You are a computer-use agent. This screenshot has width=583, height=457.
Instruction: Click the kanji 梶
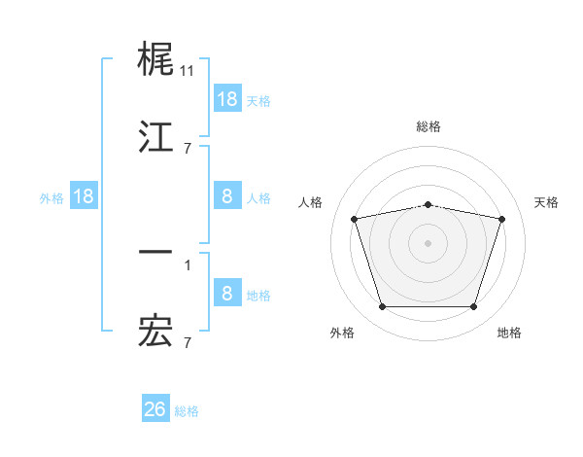coord(156,60)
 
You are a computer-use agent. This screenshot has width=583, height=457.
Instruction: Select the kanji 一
coord(156,253)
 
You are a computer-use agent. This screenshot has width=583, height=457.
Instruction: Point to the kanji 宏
coord(156,332)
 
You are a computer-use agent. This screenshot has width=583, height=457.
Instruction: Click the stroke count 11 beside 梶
coord(188,71)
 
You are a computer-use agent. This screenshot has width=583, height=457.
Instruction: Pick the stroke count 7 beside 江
coord(188,148)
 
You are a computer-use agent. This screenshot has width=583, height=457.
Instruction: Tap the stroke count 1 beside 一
coord(188,264)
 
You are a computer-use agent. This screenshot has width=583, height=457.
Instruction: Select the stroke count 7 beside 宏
coord(188,342)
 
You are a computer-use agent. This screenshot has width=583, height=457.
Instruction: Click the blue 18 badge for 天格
coord(227,99)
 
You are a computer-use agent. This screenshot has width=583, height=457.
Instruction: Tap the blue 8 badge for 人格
coord(227,196)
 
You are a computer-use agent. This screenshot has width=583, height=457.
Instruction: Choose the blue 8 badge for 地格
coord(227,294)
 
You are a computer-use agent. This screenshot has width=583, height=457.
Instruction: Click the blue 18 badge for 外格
coord(84,196)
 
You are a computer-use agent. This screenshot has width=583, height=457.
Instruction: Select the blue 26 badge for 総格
coord(155,409)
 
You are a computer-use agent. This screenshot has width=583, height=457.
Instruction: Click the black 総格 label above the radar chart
coord(429,126)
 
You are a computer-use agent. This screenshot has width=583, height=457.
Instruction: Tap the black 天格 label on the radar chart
coord(546,202)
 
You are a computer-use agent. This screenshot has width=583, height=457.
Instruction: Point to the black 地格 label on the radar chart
coord(509,333)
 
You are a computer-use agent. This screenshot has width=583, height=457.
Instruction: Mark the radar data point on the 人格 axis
coord(355,219)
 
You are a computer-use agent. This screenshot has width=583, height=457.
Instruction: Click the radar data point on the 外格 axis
coord(382,307)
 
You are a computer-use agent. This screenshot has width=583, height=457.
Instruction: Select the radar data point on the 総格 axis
coord(429,204)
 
